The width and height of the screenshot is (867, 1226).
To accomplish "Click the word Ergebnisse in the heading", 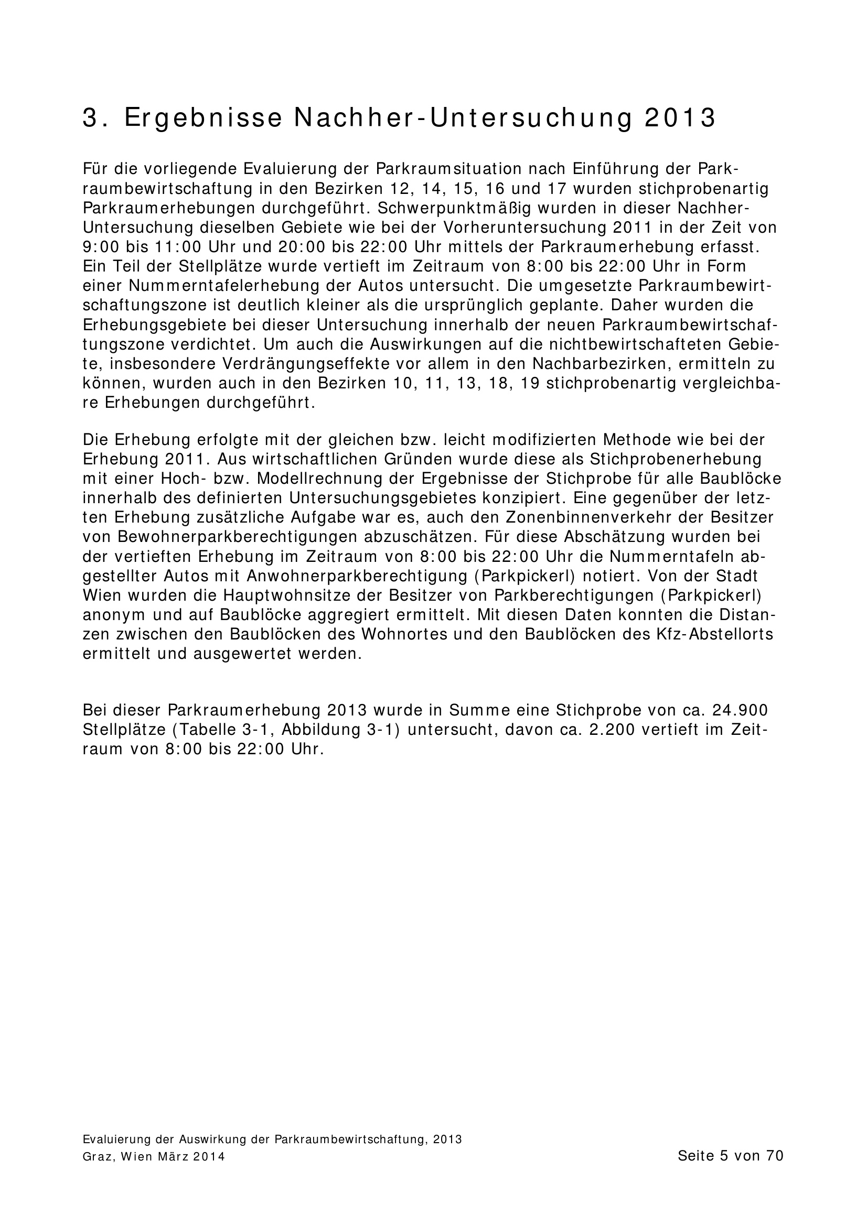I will [203, 118].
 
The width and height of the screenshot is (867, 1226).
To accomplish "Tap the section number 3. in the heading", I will [95, 118].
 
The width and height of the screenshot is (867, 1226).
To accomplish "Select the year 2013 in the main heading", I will [680, 118].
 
